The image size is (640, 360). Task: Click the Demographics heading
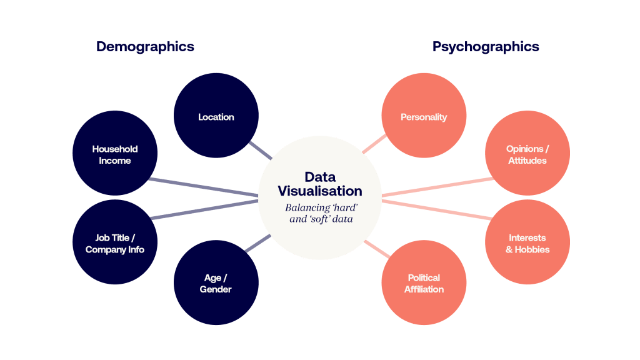coord(145,47)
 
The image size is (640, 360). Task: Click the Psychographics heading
coord(486,47)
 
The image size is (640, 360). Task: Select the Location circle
coord(216,116)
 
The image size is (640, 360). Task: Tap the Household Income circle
coord(115,154)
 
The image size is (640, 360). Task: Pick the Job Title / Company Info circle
coord(115,243)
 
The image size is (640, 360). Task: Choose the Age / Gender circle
coord(216,283)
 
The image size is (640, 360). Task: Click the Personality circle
coord(424,116)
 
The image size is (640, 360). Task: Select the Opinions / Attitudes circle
coord(527,154)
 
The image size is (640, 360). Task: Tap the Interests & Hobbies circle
coord(527,243)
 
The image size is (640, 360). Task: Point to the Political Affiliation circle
coord(424,283)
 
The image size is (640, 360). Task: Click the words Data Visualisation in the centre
coord(320,184)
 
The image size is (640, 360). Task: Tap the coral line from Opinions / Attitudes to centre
coord(437,187)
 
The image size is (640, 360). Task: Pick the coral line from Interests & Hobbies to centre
coord(437,210)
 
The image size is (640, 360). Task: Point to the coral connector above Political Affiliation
coord(376,249)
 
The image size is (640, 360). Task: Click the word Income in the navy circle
coord(115,161)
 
